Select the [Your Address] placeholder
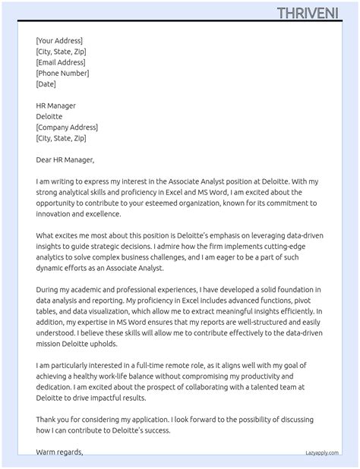tap(59, 41)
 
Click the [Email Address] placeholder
tap(61, 62)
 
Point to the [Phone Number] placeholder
tap(62, 74)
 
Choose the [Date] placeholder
tap(46, 84)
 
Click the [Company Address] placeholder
tap(67, 127)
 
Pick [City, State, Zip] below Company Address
tap(61, 138)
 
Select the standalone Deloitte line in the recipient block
tap(50, 117)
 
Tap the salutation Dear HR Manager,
tap(65, 160)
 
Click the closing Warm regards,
tap(59, 452)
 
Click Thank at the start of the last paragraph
tap(48, 420)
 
